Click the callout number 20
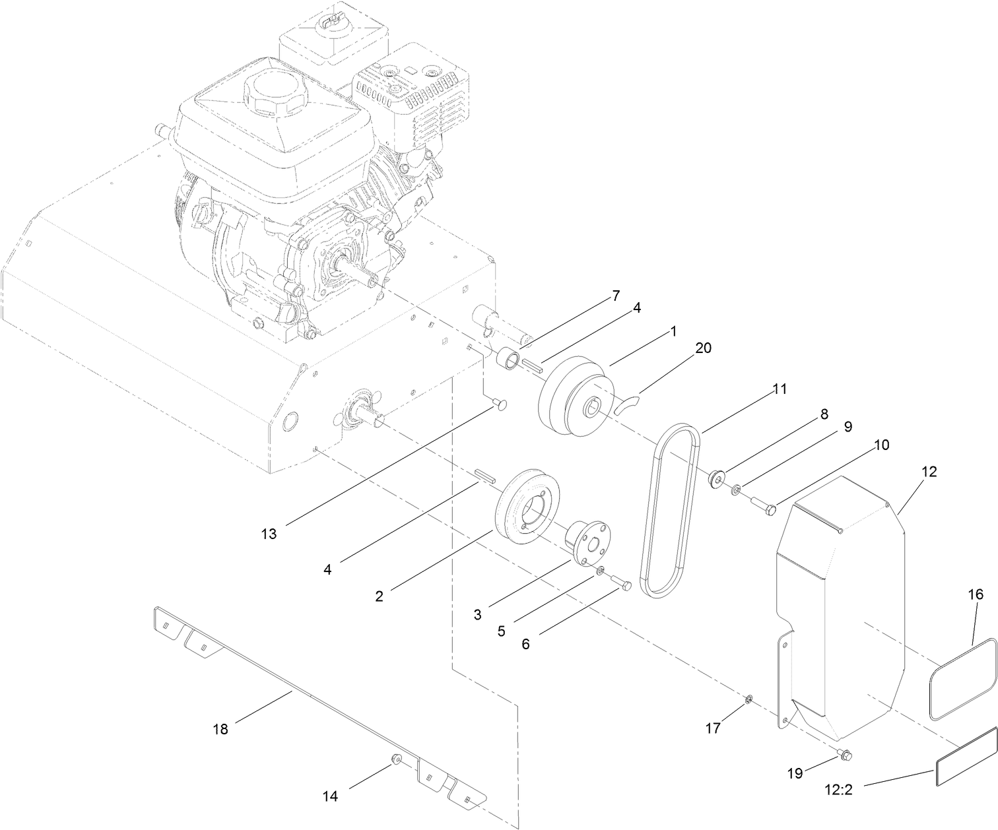tap(703, 348)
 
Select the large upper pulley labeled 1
tap(573, 396)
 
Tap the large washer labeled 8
tap(717, 477)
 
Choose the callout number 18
tap(220, 728)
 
